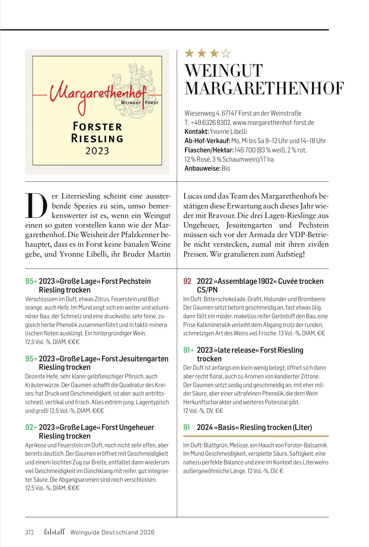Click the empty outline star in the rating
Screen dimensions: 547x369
(x=226, y=54)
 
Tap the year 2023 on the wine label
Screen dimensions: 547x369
(x=97, y=151)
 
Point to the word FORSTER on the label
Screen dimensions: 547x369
(x=97, y=126)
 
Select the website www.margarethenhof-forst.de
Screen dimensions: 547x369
(x=273, y=122)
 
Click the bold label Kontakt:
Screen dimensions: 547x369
(x=196, y=131)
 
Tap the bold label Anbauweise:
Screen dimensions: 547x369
(x=202, y=168)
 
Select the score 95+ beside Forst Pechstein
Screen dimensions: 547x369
(x=31, y=281)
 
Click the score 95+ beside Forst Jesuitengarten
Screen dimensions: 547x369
(x=31, y=359)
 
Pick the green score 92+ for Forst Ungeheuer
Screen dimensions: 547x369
(x=31, y=427)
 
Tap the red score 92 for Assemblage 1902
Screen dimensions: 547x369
(x=187, y=281)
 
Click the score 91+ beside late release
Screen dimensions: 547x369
(x=189, y=350)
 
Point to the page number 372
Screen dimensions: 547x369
(x=29, y=532)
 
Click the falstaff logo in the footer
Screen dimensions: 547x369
(x=54, y=532)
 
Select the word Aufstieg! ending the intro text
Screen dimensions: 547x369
(x=290, y=254)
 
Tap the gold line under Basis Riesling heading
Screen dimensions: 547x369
(x=256, y=436)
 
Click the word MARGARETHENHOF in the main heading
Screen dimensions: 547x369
(x=264, y=89)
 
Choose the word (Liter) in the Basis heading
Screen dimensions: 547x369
(x=302, y=427)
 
